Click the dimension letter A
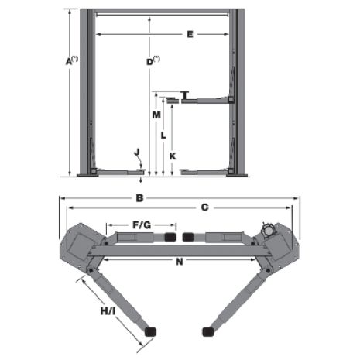pyautogui.click(x=69, y=62)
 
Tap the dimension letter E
pyautogui.click(x=190, y=34)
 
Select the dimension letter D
pyautogui.click(x=149, y=62)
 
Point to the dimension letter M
pyautogui.click(x=156, y=115)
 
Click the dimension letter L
pyautogui.click(x=163, y=135)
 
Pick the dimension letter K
pyautogui.click(x=173, y=156)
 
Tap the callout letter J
pyautogui.click(x=137, y=153)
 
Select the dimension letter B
pyautogui.click(x=139, y=198)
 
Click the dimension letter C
pyautogui.click(x=204, y=207)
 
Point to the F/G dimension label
pyautogui.click(x=142, y=225)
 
